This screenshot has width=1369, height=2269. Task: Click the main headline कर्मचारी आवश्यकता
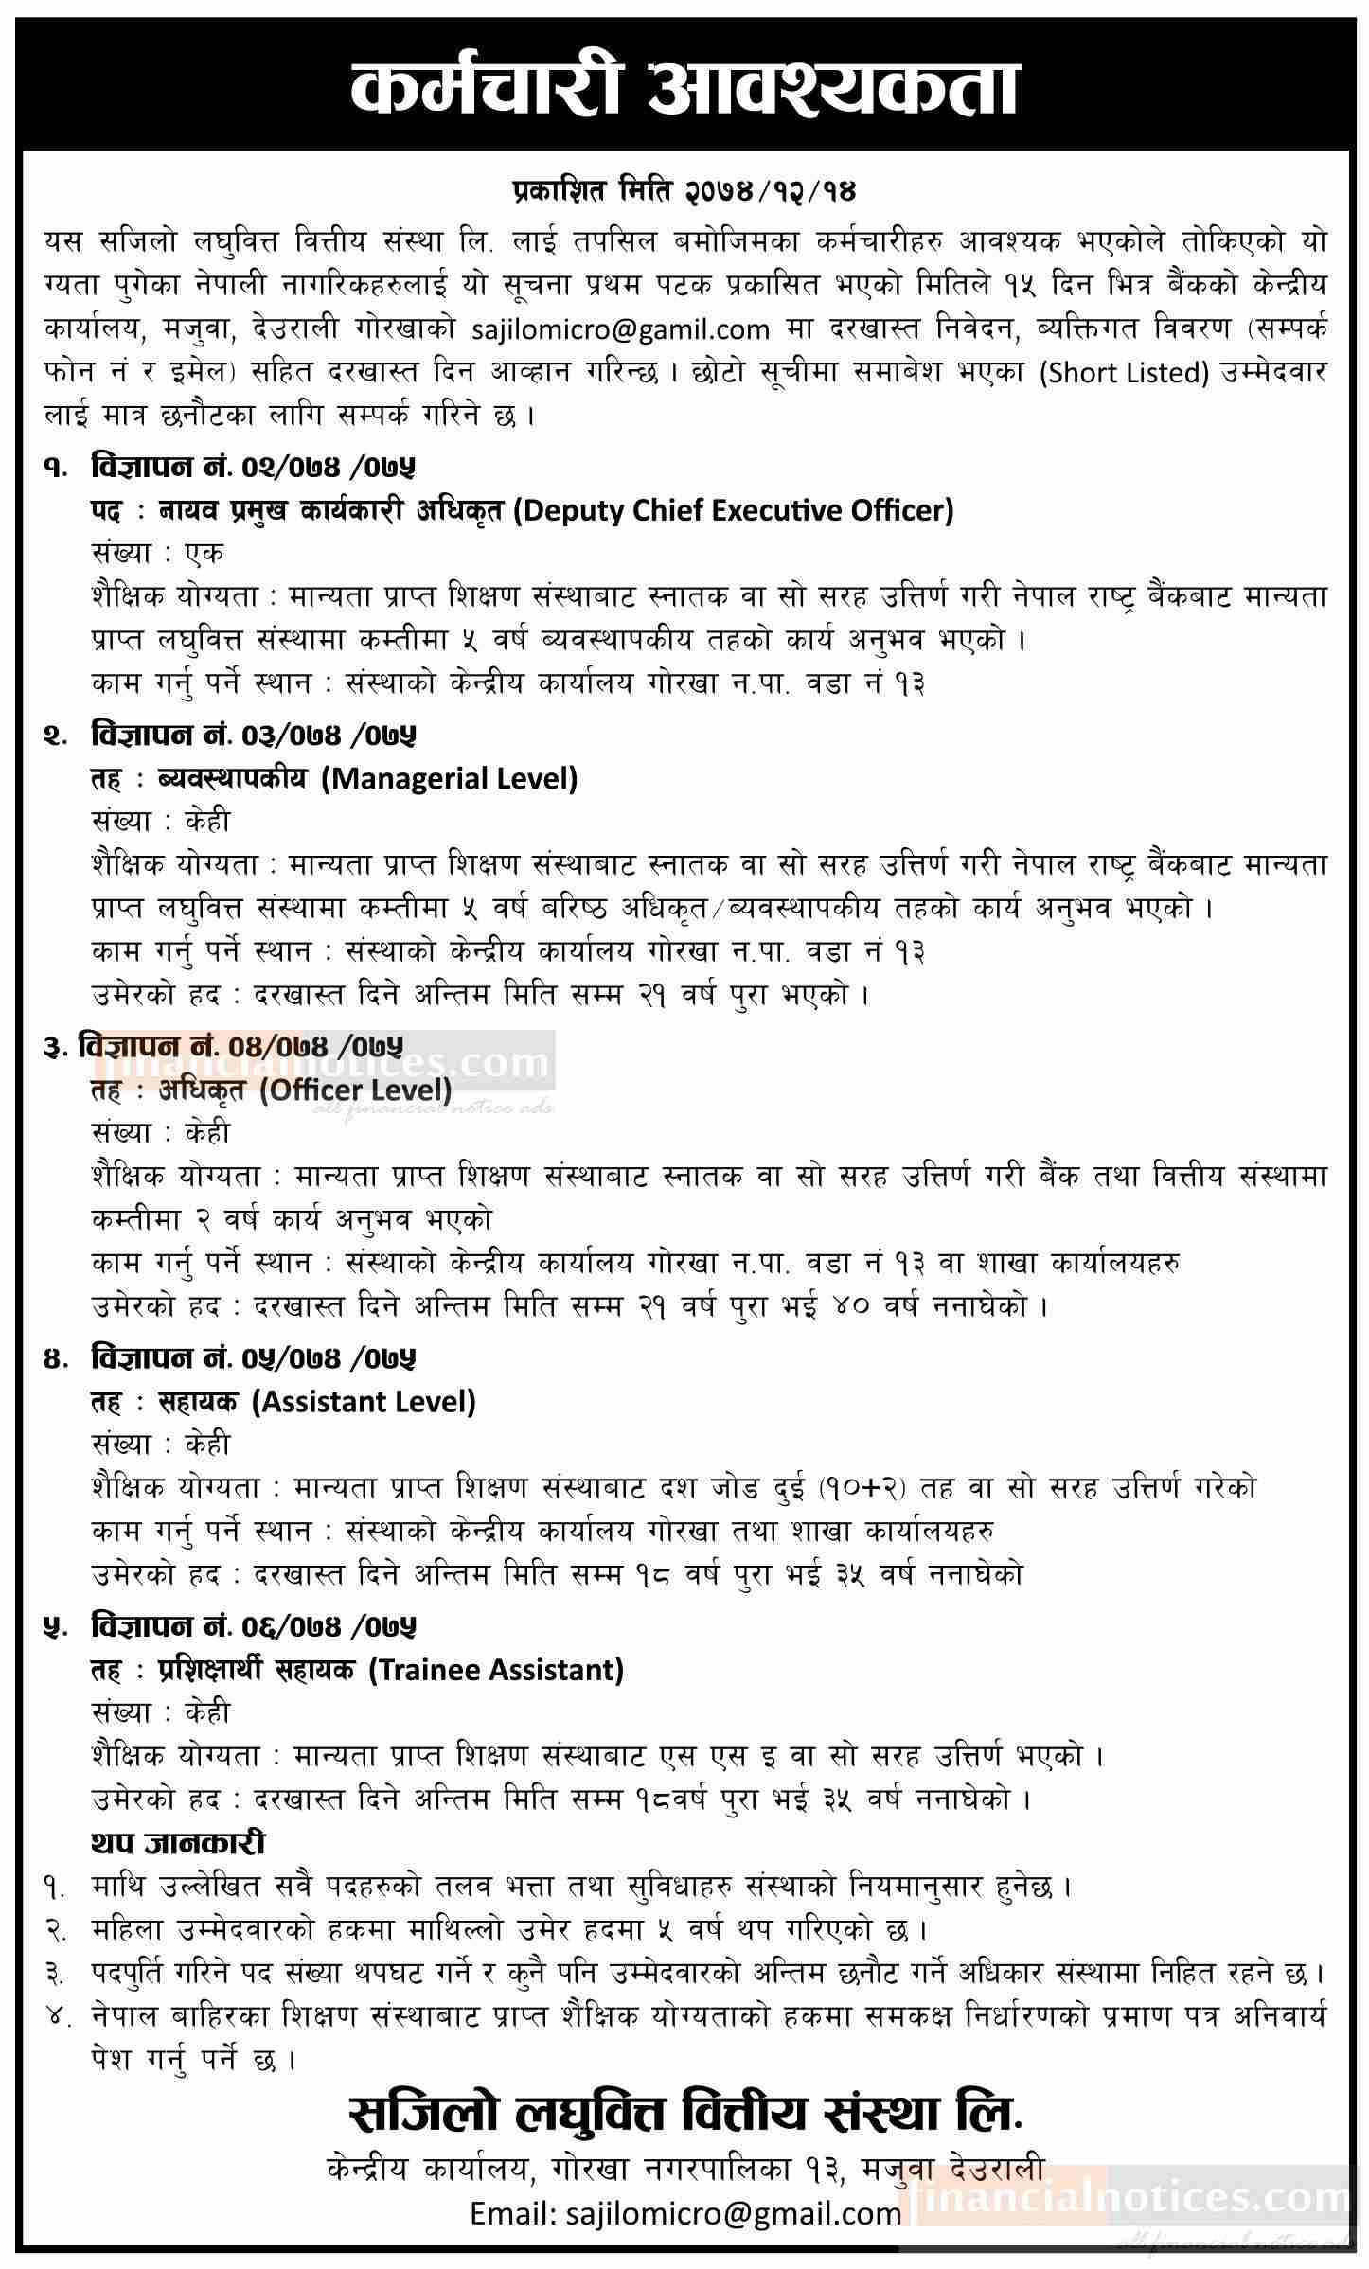pos(684,89)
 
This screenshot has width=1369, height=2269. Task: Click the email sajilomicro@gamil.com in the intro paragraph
pos(620,328)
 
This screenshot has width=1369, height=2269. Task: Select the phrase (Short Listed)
pos(1125,372)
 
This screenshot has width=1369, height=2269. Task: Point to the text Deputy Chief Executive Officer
pos(734,511)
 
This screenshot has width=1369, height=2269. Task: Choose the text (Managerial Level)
pos(450,779)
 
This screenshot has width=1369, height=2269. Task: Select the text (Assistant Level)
pos(364,1401)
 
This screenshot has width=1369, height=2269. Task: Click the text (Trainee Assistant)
pos(496,1670)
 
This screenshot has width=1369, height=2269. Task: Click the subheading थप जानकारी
pos(178,1843)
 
